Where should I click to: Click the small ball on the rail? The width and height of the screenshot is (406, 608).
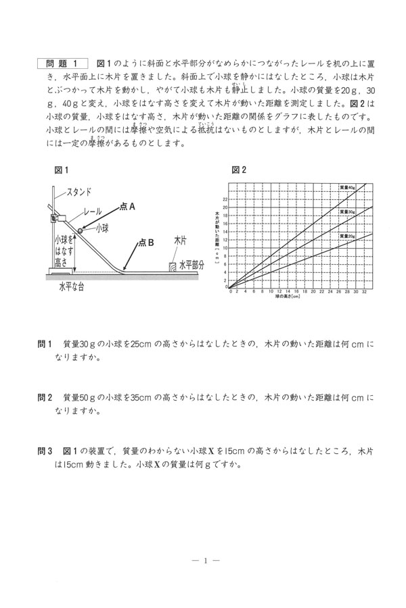tap(81, 230)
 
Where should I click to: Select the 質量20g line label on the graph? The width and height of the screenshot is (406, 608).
tap(347, 236)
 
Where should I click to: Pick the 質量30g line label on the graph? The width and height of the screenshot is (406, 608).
tap(347, 211)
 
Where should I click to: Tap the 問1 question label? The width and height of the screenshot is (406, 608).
tap(45, 345)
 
